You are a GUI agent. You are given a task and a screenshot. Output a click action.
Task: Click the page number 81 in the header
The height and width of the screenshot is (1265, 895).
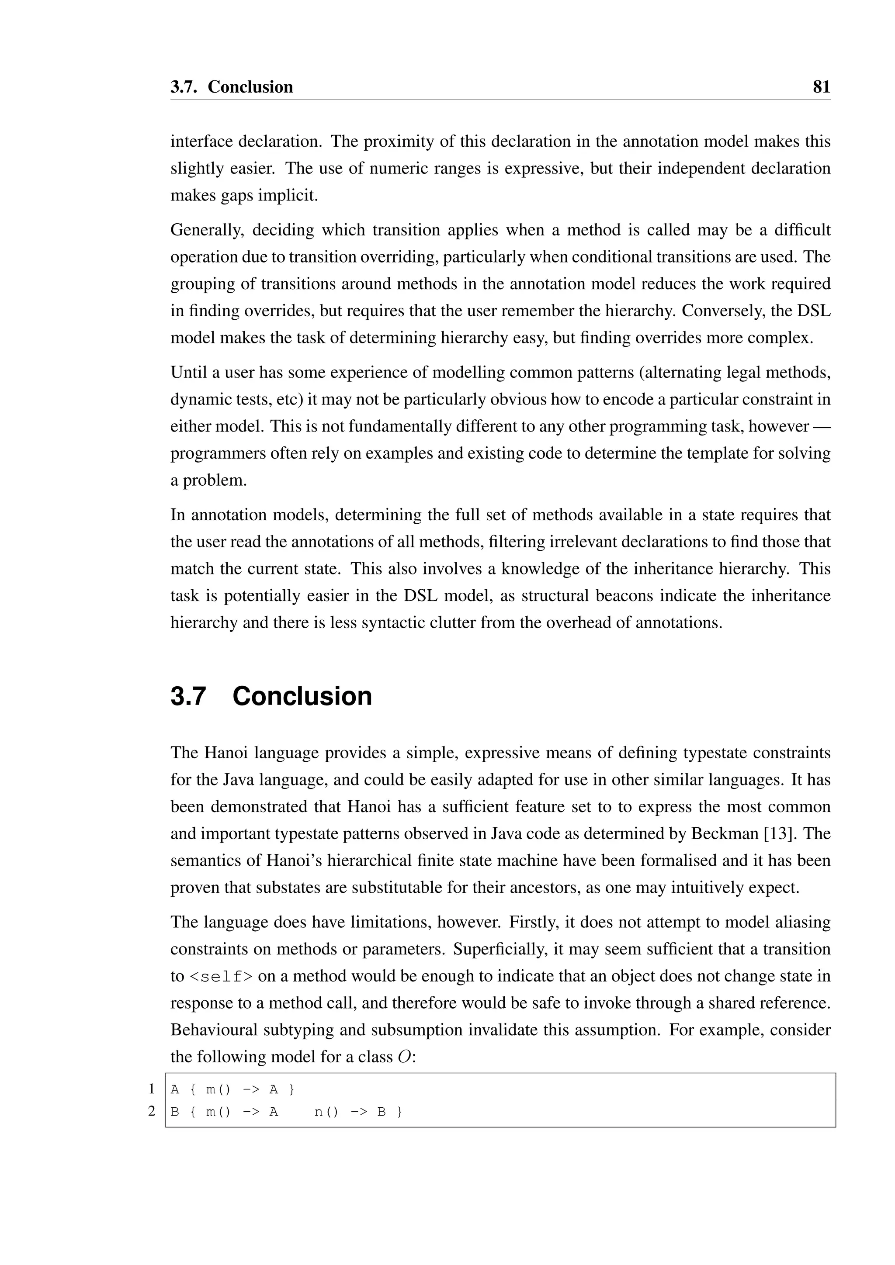(x=821, y=87)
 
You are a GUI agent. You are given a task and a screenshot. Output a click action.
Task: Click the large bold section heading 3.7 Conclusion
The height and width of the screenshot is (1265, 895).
(x=271, y=696)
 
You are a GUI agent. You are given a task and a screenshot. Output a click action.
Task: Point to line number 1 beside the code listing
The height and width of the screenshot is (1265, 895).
(x=152, y=1089)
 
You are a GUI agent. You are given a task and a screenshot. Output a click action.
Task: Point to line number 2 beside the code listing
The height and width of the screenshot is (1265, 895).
(x=152, y=1112)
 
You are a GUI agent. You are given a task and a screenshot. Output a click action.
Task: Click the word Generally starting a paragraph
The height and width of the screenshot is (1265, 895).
(x=207, y=230)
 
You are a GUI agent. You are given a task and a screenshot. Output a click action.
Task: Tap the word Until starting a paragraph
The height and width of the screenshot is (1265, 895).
(x=188, y=373)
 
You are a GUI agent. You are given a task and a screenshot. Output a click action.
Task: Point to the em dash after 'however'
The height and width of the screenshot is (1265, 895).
(x=821, y=426)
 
